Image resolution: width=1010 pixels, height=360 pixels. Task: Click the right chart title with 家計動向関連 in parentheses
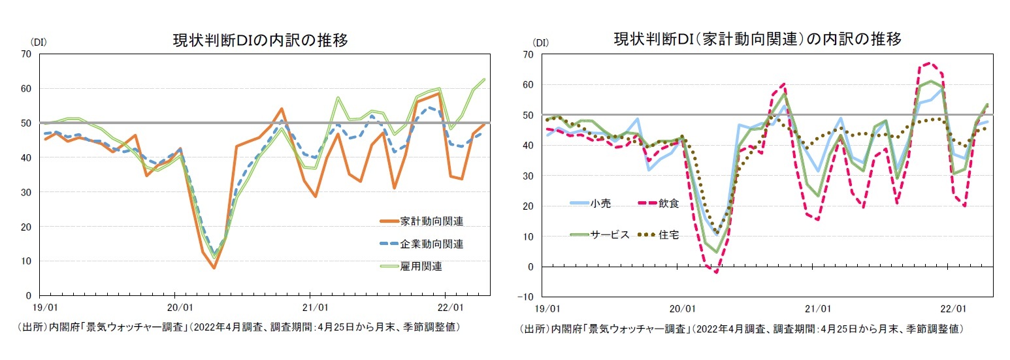(758, 40)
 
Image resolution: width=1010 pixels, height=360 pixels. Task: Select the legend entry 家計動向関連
(432, 221)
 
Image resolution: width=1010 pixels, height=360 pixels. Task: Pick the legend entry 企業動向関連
(432, 244)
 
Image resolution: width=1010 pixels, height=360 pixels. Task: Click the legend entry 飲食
(668, 203)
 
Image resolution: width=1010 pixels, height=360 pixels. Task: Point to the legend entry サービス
(611, 235)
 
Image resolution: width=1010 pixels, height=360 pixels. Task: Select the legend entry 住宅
(668, 235)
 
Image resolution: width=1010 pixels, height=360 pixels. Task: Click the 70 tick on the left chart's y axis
(26, 54)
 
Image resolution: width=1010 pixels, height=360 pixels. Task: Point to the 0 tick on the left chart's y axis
(29, 296)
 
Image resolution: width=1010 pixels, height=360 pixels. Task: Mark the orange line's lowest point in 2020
(214, 268)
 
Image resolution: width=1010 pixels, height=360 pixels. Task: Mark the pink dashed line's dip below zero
(717, 272)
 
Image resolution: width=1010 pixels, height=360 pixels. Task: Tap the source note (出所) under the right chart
(741, 329)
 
